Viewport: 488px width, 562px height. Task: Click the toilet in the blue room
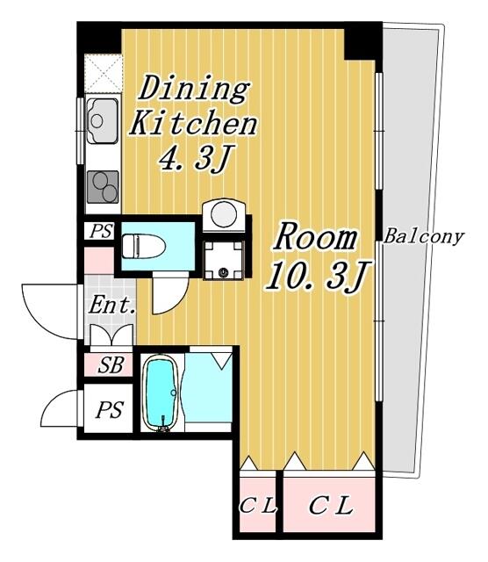pyautogui.click(x=143, y=246)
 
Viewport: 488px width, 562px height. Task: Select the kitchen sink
pyautogui.click(x=103, y=121)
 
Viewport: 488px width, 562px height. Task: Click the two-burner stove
pyautogui.click(x=103, y=187)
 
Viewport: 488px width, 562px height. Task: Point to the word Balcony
pyautogui.click(x=424, y=237)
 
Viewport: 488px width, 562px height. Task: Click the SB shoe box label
pyautogui.click(x=111, y=365)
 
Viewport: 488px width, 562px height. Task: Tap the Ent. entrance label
pyautogui.click(x=112, y=306)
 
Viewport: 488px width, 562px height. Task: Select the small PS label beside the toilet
pyautogui.click(x=101, y=231)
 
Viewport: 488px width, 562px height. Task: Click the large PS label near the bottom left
pyautogui.click(x=110, y=410)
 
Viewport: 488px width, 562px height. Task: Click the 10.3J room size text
pyautogui.click(x=317, y=276)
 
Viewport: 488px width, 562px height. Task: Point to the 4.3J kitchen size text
pyautogui.click(x=193, y=158)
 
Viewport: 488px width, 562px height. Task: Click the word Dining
pyautogui.click(x=194, y=89)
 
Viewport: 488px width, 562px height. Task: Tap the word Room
pyautogui.click(x=315, y=238)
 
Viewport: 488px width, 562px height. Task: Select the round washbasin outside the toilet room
pyautogui.click(x=224, y=215)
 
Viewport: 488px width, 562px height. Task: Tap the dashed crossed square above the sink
pyautogui.click(x=103, y=74)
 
